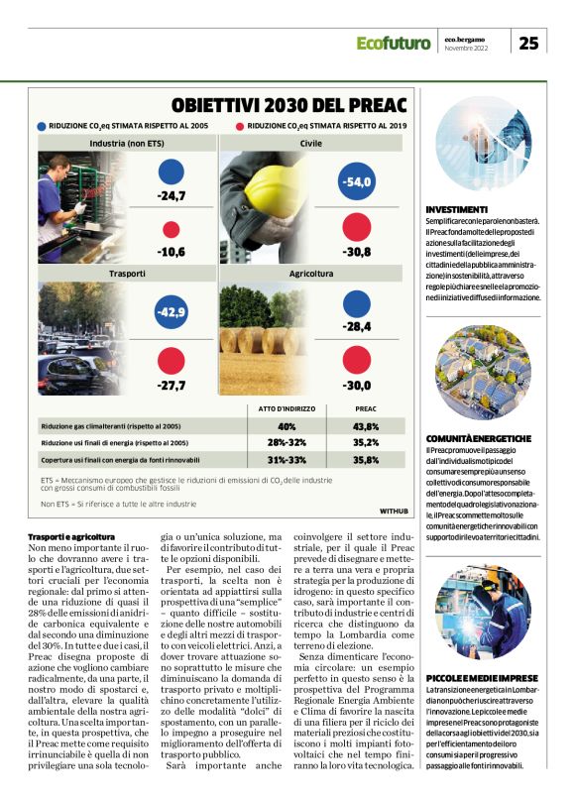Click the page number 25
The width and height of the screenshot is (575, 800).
[529, 42]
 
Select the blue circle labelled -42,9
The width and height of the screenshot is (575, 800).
[171, 313]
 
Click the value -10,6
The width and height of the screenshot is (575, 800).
[171, 252]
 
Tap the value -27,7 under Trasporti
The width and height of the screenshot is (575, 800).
[171, 385]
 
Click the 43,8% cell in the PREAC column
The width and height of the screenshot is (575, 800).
[366, 426]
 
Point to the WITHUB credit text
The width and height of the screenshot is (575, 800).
[394, 511]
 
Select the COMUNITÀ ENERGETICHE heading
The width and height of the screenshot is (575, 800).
[478, 437]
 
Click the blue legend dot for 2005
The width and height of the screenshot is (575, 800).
[41, 127]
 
